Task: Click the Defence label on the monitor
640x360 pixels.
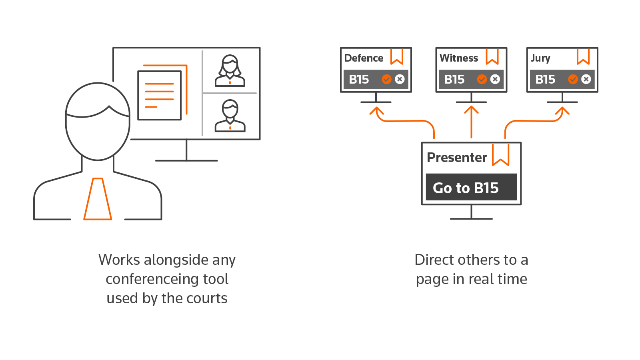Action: click(364, 58)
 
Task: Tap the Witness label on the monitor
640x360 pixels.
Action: click(458, 58)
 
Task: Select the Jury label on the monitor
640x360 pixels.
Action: click(540, 58)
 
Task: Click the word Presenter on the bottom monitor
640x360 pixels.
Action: click(457, 158)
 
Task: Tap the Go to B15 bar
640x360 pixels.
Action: click(471, 187)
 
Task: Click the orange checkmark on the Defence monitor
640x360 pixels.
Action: click(386, 79)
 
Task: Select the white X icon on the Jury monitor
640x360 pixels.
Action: click(586, 79)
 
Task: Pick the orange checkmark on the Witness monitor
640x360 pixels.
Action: click(482, 79)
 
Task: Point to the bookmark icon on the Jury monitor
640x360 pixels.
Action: click(583, 56)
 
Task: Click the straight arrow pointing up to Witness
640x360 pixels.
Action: click(471, 122)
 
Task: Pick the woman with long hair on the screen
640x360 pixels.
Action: click(230, 71)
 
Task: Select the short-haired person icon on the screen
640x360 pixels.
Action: click(230, 116)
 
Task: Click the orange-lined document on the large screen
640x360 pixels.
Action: click(160, 95)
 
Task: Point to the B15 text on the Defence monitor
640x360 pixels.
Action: click(359, 80)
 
